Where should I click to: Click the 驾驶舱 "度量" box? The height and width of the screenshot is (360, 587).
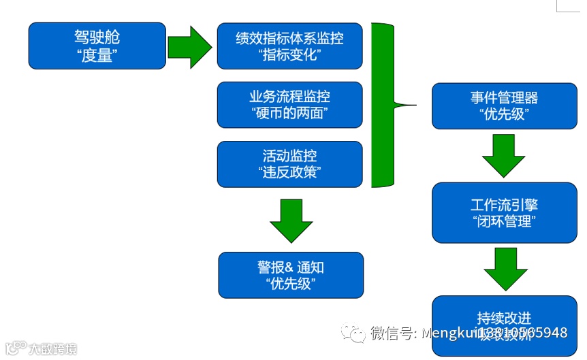(97, 46)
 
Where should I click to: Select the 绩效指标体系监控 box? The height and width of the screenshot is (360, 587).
(289, 46)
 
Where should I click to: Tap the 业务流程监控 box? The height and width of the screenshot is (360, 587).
(289, 105)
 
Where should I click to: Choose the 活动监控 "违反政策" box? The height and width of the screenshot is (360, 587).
(289, 163)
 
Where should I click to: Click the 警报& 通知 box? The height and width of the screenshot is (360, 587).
(291, 275)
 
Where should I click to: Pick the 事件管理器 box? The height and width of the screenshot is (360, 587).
(504, 105)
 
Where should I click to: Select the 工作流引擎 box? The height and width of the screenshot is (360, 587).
(504, 212)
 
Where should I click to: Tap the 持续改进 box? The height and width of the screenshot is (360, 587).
(504, 320)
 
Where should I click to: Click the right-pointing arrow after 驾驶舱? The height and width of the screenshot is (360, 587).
(190, 47)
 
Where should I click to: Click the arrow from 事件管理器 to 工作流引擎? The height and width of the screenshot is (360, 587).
(503, 155)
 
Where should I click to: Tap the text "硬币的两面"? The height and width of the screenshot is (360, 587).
(289, 113)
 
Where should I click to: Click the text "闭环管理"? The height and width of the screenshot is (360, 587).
(504, 221)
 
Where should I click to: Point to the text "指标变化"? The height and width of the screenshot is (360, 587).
(290, 54)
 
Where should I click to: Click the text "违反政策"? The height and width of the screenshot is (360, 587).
(289, 171)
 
